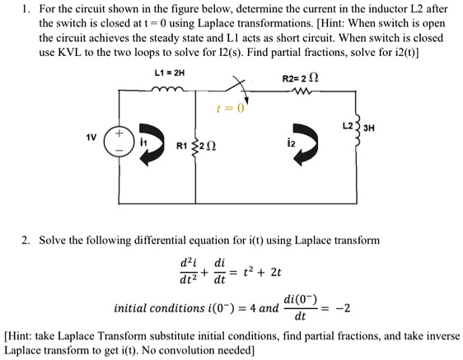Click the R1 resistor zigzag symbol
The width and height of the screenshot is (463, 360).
[197, 149]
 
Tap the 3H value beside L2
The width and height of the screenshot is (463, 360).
[394, 130]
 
